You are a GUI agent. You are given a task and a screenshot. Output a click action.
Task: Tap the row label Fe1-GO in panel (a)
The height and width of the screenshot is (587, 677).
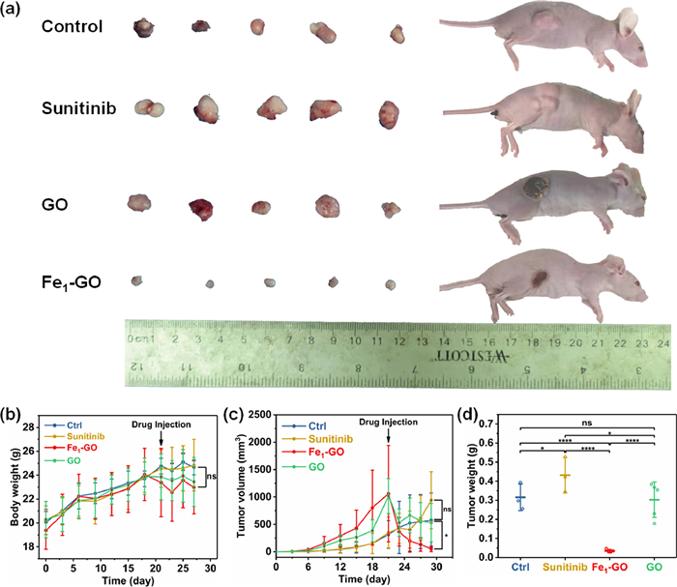coord(74,282)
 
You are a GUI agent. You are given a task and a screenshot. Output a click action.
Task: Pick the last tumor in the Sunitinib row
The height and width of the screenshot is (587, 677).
coord(389,115)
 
